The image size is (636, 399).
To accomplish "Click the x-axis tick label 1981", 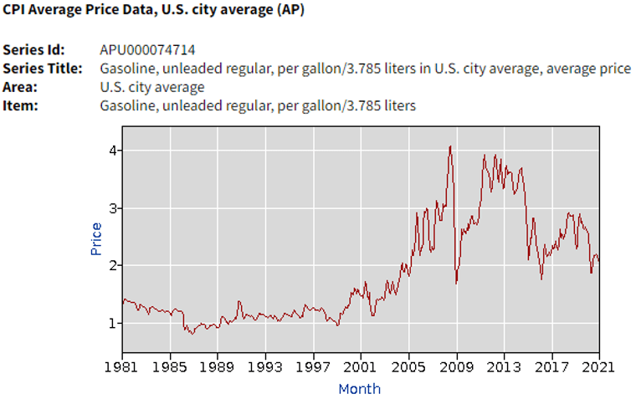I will coord(122,366).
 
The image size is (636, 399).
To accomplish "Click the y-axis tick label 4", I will coord(110,151).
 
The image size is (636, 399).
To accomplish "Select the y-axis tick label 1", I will coord(110,323).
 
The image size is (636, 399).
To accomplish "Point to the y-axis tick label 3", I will coord(110,207).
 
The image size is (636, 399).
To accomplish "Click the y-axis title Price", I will coord(96,238).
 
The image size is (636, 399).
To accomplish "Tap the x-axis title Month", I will coord(360,388).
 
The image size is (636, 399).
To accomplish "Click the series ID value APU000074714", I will coord(147,50).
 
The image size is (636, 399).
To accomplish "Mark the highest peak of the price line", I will coord(450,146).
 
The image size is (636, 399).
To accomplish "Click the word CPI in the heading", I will coord(16,11).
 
